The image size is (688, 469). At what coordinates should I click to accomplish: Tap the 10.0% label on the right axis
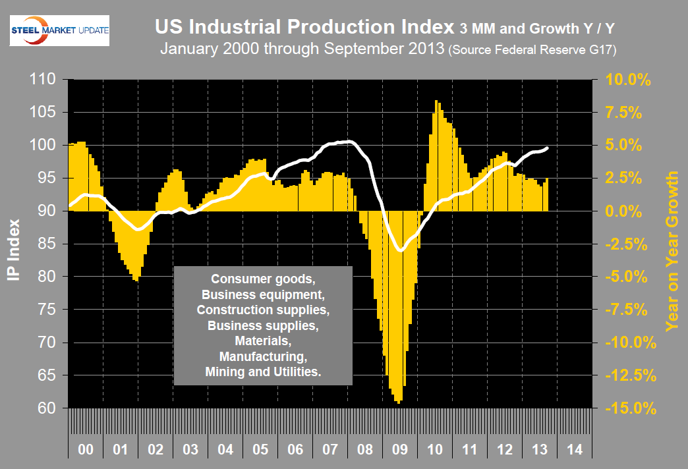[x=629, y=80]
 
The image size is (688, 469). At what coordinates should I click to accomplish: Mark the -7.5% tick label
[x=629, y=310]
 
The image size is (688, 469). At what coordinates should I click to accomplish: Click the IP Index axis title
[x=14, y=244]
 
